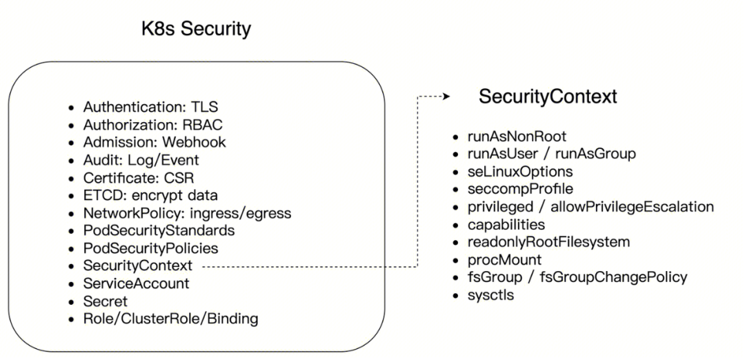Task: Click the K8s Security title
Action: tap(196, 29)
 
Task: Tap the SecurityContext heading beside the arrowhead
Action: tap(548, 97)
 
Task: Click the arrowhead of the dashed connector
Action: tap(446, 97)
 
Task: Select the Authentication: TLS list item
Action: tap(150, 108)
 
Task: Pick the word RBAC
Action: tap(203, 125)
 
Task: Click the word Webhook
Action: tap(194, 143)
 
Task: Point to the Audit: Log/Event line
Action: tap(141, 161)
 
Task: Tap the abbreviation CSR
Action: tap(179, 178)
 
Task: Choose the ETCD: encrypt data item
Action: tap(150, 196)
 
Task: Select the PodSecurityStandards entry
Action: tap(159, 231)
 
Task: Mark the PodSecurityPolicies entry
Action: tap(150, 248)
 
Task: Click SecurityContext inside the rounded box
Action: tap(138, 266)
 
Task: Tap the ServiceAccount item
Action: tap(137, 283)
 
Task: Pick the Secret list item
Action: tap(106, 301)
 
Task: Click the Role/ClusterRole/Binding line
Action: tap(170, 319)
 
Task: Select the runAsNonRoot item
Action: tap(517, 137)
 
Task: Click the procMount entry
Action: tap(504, 260)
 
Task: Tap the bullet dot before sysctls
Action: tap(456, 296)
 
